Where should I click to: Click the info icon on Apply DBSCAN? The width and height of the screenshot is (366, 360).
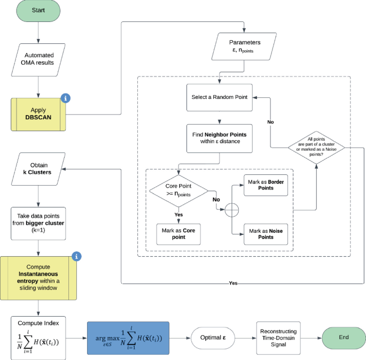tap(66, 98)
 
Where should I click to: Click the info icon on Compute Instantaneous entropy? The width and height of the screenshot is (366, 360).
tap(77, 256)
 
